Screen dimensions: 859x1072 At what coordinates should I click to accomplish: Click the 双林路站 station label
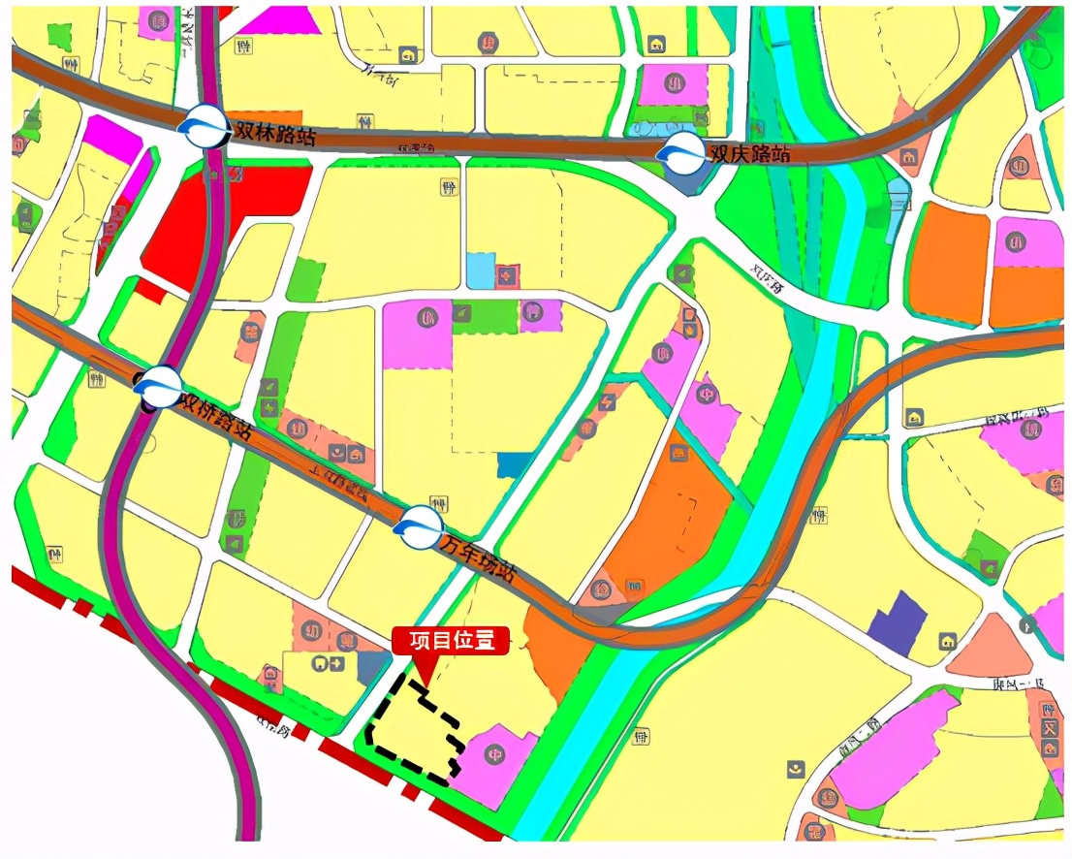(x=268, y=131)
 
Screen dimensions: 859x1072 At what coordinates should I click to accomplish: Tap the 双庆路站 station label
(x=749, y=153)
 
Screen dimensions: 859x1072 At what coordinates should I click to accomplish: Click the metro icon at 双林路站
(x=204, y=125)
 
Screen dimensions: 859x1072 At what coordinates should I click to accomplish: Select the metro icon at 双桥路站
(x=158, y=387)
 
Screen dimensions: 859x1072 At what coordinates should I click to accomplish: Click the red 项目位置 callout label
(x=450, y=640)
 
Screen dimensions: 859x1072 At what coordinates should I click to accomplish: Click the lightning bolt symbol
(x=608, y=400)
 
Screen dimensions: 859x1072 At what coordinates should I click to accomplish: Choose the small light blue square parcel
(x=480, y=270)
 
